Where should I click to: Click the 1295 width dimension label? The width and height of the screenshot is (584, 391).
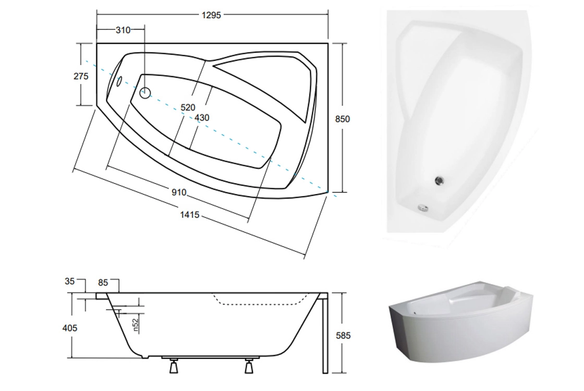click(x=211, y=15)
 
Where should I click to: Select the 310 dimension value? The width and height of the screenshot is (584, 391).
click(x=123, y=30)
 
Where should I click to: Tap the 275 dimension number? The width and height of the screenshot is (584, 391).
click(x=81, y=76)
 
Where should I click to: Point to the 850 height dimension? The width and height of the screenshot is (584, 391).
click(x=342, y=119)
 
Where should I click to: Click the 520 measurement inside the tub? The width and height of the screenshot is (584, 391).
click(x=188, y=107)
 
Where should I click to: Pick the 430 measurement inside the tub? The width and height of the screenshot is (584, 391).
click(x=202, y=118)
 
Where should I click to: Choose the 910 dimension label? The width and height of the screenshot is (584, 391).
click(x=179, y=192)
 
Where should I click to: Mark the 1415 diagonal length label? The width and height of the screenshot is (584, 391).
click(x=190, y=215)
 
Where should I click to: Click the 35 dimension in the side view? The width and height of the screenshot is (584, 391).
click(x=70, y=281)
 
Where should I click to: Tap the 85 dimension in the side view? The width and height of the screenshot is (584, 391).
click(x=103, y=283)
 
